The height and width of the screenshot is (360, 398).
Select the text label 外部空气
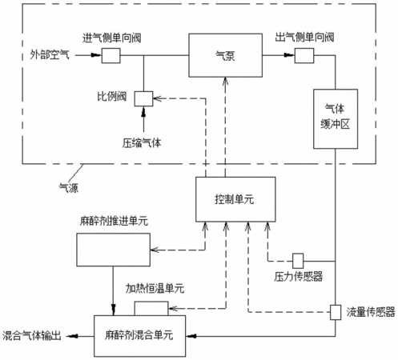point(50,55)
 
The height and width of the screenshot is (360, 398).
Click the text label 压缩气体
point(142,143)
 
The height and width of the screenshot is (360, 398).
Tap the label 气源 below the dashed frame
point(69,188)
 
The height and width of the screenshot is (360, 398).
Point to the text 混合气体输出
point(32,336)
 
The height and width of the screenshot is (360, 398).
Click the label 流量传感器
point(371,312)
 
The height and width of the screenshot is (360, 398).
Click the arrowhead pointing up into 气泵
point(225,81)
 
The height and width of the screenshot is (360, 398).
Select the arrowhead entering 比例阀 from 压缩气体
point(143,111)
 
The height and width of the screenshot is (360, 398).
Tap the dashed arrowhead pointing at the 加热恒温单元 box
point(173,309)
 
